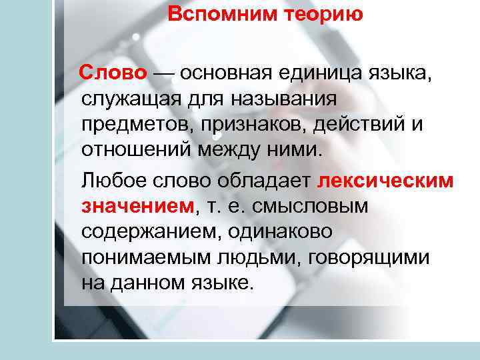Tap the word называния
(285, 98)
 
